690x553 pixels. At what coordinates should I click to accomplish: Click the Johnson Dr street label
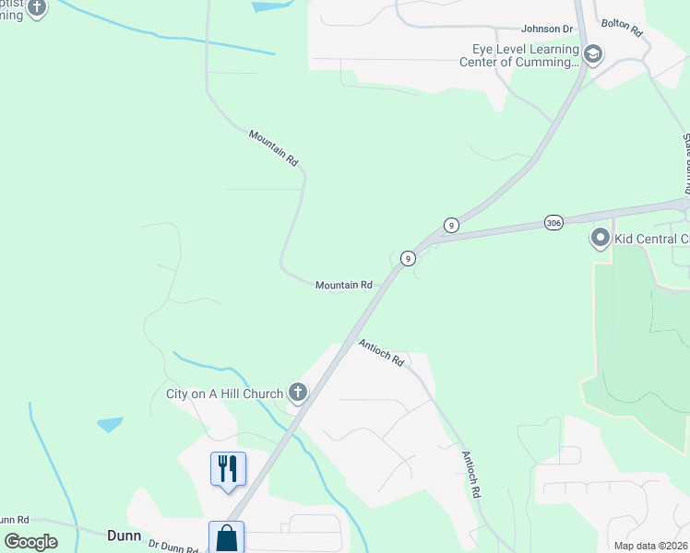click(547, 29)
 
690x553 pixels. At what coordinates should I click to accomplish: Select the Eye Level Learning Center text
click(521, 55)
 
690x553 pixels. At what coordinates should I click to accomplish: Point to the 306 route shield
click(553, 224)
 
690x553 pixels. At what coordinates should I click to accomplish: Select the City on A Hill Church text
click(224, 394)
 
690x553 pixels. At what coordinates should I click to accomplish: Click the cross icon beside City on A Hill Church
click(297, 394)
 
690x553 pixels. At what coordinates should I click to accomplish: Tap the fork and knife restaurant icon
click(228, 467)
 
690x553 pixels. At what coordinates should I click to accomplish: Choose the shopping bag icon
click(226, 538)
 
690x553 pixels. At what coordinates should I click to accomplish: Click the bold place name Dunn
click(124, 534)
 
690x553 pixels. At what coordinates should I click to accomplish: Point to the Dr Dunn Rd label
click(173, 547)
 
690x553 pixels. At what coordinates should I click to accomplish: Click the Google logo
click(31, 541)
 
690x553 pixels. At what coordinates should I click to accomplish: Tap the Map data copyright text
click(650, 546)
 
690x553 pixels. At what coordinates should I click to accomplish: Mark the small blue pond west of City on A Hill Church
click(110, 425)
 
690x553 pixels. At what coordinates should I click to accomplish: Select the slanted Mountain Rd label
click(274, 147)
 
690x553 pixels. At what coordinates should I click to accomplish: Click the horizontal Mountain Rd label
click(343, 286)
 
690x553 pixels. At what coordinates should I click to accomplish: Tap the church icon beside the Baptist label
click(36, 8)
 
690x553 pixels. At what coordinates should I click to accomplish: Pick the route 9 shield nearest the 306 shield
click(451, 225)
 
